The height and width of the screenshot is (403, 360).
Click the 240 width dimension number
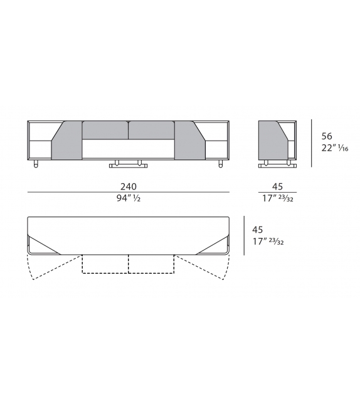[129, 186]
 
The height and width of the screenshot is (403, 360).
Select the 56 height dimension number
[327, 136]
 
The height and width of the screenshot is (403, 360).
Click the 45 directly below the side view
[277, 186]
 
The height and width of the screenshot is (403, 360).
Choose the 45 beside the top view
[257, 230]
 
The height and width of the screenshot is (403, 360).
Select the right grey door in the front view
[191, 142]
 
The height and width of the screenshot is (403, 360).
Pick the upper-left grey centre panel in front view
[105, 129]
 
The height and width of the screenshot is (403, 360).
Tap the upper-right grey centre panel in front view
[151, 129]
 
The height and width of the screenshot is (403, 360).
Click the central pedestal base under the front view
[128, 164]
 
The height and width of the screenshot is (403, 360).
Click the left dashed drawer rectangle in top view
[105, 264]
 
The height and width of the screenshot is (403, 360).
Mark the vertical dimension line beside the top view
[244, 237]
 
